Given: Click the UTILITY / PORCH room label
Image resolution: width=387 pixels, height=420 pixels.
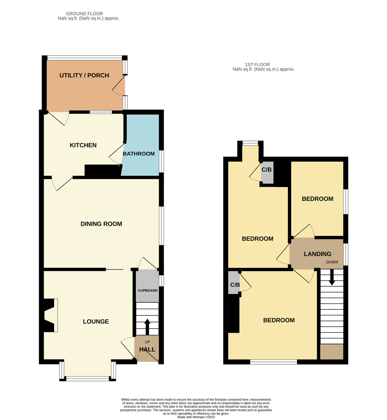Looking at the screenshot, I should tap(84, 75).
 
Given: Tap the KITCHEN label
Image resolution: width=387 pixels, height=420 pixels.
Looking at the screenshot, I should tap(83, 145).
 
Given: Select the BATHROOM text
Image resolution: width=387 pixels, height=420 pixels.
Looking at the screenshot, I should tap(139, 154).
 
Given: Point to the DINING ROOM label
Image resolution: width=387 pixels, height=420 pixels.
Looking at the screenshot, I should tap(101, 224).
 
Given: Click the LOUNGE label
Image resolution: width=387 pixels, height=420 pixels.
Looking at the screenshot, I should tap(96, 322).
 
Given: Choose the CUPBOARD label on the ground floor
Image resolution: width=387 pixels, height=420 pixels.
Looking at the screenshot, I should tap(147, 290).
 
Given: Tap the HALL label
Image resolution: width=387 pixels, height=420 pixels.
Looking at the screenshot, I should tap(147, 349).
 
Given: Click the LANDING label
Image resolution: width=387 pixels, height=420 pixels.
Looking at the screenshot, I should tap(317, 254).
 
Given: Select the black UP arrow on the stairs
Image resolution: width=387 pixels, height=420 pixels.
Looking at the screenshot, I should tap(147, 327).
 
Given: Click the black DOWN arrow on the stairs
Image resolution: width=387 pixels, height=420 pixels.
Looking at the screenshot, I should tap(332, 277).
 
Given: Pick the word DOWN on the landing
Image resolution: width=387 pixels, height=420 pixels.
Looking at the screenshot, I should tap(332, 262).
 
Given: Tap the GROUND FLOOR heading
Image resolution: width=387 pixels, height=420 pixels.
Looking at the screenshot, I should tap(84, 14).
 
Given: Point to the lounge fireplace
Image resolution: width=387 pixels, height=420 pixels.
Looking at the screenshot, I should tap(49, 315).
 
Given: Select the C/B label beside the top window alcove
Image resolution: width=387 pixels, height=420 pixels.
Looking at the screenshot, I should tap(267, 170).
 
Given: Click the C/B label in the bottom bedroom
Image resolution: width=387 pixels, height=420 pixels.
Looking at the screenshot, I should tap(235, 285).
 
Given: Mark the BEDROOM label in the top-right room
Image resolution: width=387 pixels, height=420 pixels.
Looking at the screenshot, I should tap(317, 199).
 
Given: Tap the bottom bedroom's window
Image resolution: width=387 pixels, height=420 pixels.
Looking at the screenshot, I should tap(273, 362).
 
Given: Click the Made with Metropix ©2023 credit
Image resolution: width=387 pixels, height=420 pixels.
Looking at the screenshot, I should tap(196, 417).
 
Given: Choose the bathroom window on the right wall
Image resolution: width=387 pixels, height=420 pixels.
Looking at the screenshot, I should tap(161, 161).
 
